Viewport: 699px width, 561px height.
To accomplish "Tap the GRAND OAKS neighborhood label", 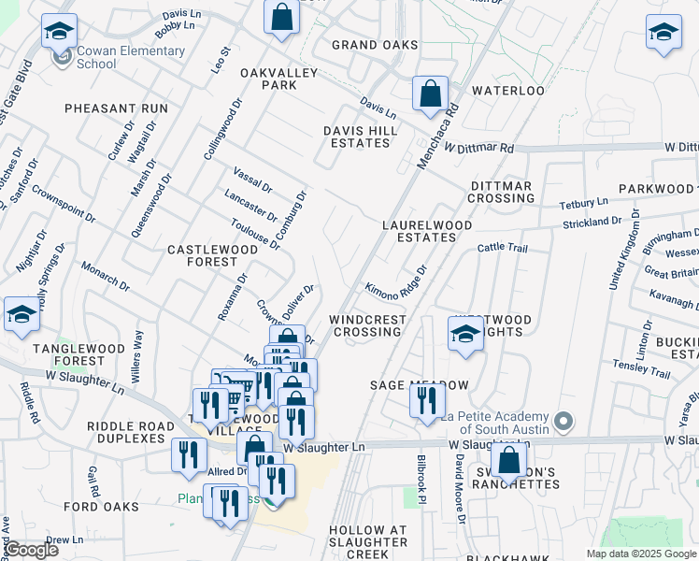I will tap(375, 45).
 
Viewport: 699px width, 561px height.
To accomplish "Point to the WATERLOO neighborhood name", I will tap(507, 91).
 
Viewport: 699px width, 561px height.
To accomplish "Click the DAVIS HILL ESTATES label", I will tap(356, 137).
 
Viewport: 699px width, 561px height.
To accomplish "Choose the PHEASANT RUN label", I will tap(116, 108).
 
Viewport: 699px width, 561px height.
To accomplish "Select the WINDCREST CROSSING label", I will tap(368, 325).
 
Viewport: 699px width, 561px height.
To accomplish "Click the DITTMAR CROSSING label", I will tap(501, 192).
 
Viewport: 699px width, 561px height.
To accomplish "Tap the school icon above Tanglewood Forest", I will tap(21, 314).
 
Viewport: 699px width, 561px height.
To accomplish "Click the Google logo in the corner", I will tap(30, 550).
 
